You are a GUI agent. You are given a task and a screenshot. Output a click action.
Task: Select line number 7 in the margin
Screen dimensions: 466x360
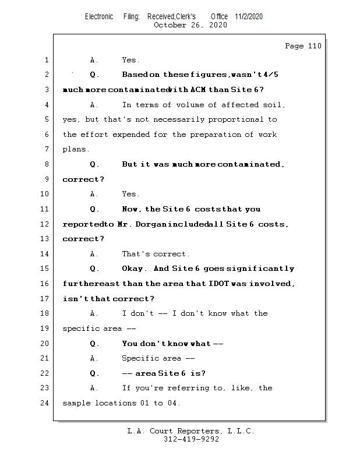[x=47, y=149]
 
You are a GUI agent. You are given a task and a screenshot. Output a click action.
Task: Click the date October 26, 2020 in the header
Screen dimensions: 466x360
[x=190, y=25]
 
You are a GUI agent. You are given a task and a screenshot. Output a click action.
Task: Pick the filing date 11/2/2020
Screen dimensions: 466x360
[x=249, y=16]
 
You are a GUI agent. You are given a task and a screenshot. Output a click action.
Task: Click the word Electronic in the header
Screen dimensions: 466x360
[x=99, y=16]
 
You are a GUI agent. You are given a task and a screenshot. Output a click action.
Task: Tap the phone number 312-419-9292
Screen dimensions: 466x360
[x=191, y=440]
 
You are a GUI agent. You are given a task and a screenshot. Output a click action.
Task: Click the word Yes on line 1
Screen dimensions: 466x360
[x=130, y=60]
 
